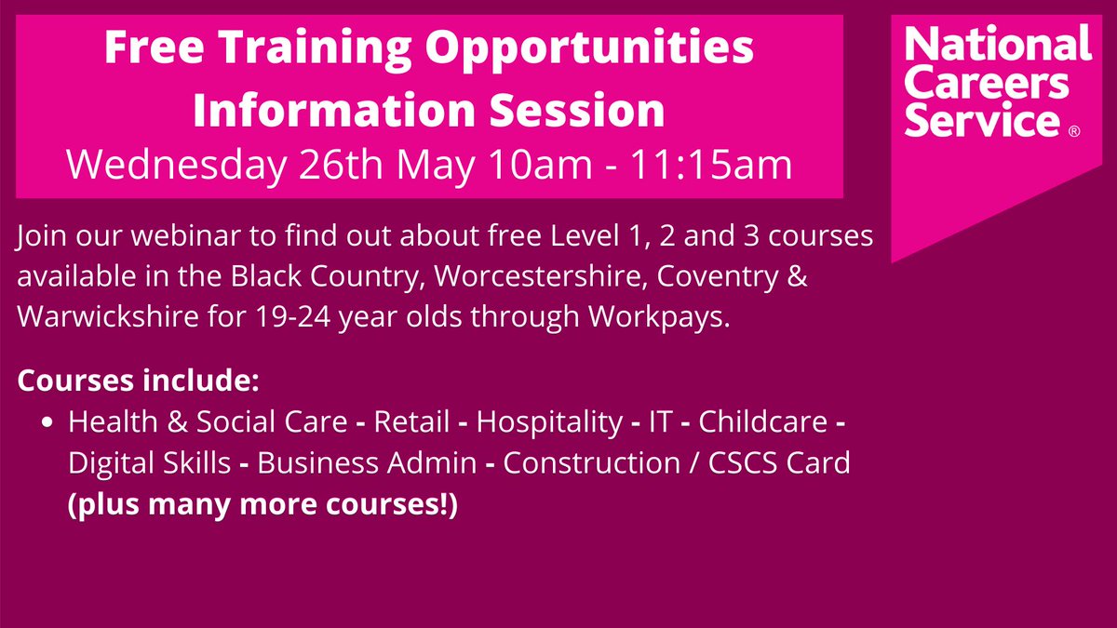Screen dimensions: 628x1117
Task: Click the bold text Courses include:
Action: pyautogui.click(x=138, y=382)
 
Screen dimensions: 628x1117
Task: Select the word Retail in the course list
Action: pyautogui.click(x=409, y=422)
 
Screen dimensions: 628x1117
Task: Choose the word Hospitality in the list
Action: pyautogui.click(x=549, y=422)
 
